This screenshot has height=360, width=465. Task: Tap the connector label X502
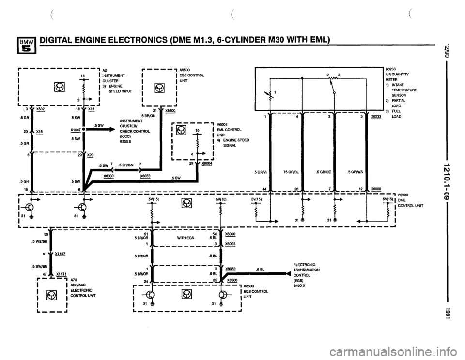click(x=41, y=110)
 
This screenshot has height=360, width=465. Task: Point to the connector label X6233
click(x=375, y=117)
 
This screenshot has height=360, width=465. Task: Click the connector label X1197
click(x=61, y=253)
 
